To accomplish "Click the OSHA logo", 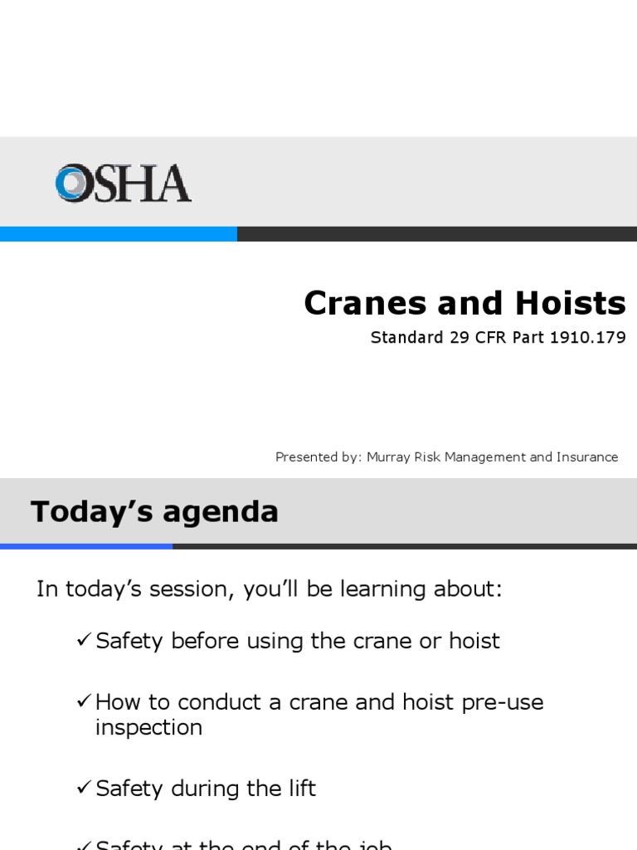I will [123, 183].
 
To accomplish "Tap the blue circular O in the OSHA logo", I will [71, 183].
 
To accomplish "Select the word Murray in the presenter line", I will [390, 457].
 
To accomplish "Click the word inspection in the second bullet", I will [148, 728].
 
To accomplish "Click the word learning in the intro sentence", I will [382, 589].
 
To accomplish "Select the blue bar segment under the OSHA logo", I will [119, 234].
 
